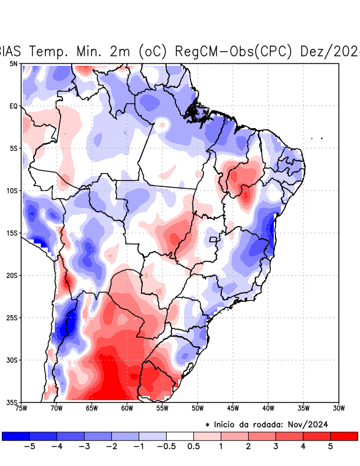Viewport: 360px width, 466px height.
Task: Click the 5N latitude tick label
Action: click(13, 63)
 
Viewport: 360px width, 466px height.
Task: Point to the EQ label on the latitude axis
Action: click(13, 106)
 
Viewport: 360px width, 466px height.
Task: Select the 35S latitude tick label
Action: click(12, 402)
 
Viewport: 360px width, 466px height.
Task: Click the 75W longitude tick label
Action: click(21, 408)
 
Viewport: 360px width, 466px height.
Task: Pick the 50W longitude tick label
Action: click(197, 408)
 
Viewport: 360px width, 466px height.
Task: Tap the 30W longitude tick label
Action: click(339, 408)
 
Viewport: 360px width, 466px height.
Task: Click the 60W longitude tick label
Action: click(127, 408)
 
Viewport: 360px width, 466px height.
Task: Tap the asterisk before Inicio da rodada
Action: click(207, 425)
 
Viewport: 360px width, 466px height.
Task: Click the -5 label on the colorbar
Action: click(27, 447)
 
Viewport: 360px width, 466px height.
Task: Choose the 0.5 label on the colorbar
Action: click(193, 447)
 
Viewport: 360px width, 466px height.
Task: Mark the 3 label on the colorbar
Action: click(276, 447)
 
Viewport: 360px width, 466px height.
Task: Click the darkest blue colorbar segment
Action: click(16, 436)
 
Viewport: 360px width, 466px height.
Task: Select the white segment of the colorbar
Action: click(179, 436)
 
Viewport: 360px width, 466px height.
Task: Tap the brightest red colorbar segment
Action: click(344, 436)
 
